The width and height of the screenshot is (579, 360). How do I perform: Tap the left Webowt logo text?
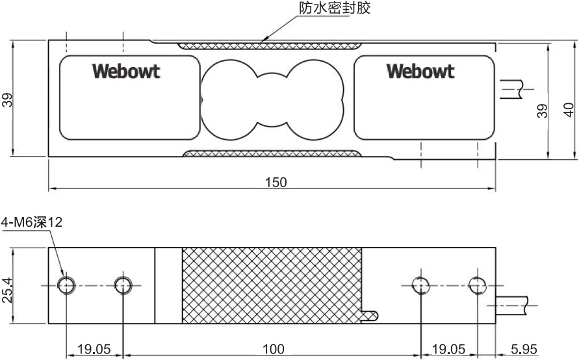[126, 71]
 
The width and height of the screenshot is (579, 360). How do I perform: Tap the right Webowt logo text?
[420, 71]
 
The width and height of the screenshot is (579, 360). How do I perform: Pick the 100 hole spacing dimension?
[273, 350]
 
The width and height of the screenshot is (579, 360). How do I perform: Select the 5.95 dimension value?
[524, 350]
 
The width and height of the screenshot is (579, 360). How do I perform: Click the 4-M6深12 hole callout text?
[32, 223]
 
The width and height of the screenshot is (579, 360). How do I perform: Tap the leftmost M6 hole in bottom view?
[66, 285]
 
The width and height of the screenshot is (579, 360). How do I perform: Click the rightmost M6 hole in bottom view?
[478, 285]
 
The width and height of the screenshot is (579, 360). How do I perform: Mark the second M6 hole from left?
[123, 285]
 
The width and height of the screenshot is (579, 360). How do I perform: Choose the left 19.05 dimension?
[94, 350]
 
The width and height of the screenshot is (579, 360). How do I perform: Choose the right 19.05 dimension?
[449, 350]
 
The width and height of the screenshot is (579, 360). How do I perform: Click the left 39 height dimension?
[8, 99]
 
